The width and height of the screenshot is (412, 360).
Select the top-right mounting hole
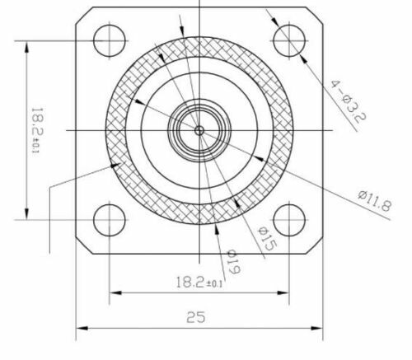[x=289, y=39]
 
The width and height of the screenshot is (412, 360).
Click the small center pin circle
[x=199, y=129]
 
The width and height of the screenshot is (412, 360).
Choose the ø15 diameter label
[x=265, y=240]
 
